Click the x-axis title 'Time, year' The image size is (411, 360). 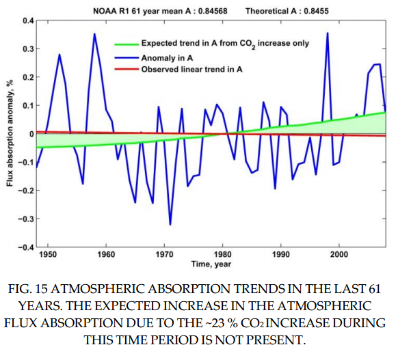click(x=211, y=264)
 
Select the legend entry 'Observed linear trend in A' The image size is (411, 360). click(x=191, y=70)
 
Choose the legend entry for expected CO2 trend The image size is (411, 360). click(x=224, y=43)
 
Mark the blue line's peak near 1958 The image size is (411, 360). click(x=94, y=33)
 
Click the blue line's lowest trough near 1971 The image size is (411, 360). click(x=170, y=224)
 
